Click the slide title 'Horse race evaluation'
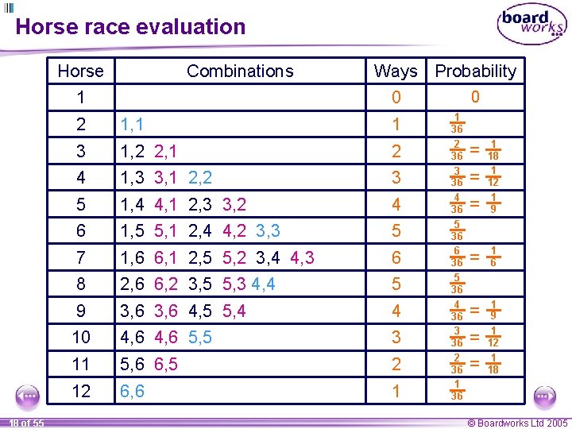pyautogui.click(x=130, y=27)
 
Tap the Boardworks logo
pyautogui.click(x=531, y=25)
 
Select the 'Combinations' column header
pyautogui.click(x=240, y=71)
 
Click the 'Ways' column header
pyautogui.click(x=396, y=71)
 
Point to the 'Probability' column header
pyautogui.click(x=475, y=71)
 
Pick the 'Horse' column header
pyautogui.click(x=80, y=71)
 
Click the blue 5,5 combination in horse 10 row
pyautogui.click(x=200, y=338)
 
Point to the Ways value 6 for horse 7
pyautogui.click(x=396, y=257)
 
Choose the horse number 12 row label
pyautogui.click(x=80, y=392)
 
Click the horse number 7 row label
pyautogui.click(x=80, y=257)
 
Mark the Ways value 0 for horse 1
pyautogui.click(x=396, y=98)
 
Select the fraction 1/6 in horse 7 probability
pyautogui.click(x=493, y=257)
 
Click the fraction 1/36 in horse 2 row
pyautogui.click(x=457, y=123)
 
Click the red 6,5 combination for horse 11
pyautogui.click(x=166, y=365)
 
